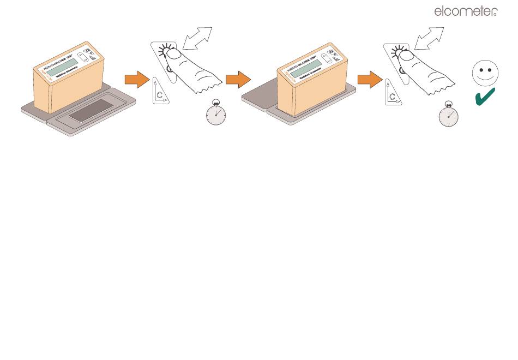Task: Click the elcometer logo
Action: point(465,11)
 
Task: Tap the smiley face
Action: point(485,74)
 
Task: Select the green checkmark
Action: point(485,97)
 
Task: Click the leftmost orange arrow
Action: point(137,80)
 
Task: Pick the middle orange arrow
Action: point(238,80)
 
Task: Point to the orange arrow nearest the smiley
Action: point(370,80)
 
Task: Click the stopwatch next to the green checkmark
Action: point(448,115)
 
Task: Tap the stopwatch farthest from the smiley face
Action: point(215,113)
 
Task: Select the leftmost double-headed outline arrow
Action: point(198,39)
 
